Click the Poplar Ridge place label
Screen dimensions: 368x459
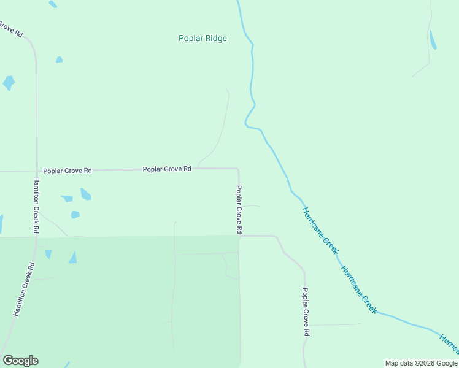pyautogui.click(x=202, y=38)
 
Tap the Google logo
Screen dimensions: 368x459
pyautogui.click(x=20, y=361)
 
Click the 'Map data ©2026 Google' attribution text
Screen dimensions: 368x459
pyautogui.click(x=421, y=363)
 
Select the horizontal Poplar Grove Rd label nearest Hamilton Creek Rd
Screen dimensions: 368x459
pyautogui.click(x=67, y=171)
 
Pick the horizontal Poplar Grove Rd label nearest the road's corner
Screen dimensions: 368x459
pyautogui.click(x=167, y=169)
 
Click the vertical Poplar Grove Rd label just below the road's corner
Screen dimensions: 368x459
pyautogui.click(x=239, y=209)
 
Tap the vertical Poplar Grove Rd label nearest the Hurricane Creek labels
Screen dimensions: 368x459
pyautogui.click(x=306, y=312)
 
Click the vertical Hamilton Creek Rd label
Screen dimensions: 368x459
pyautogui.click(x=37, y=205)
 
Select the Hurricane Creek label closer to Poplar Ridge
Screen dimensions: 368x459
pyautogui.click(x=320, y=231)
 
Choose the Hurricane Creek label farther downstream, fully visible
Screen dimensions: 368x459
pyautogui.click(x=358, y=289)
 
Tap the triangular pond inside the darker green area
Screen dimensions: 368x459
pyautogui.click(x=73, y=257)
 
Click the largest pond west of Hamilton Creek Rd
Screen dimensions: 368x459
pyautogui.click(x=9, y=83)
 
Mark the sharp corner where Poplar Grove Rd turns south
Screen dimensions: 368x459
pyautogui.click(x=238, y=169)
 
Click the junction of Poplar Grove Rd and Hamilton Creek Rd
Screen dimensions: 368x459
pyautogui.click(x=37, y=171)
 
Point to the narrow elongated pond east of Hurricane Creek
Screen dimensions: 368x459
pyautogui.click(x=433, y=40)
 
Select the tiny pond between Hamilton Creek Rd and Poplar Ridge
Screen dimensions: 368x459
pyautogui.click(x=59, y=59)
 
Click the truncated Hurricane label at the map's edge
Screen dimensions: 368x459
pyautogui.click(x=449, y=343)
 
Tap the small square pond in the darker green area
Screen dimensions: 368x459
pyautogui.click(x=48, y=254)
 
